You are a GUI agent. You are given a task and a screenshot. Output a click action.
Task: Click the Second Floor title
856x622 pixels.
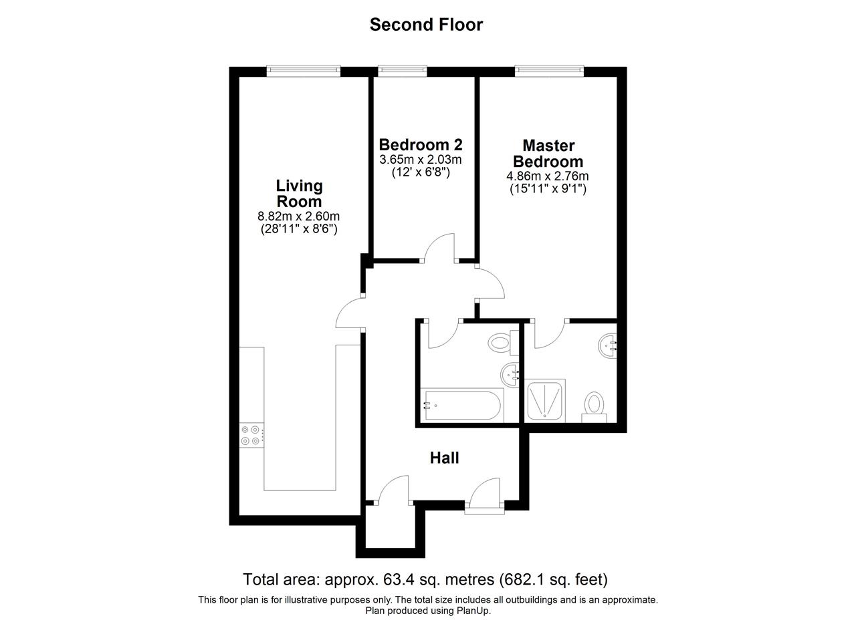point(426,25)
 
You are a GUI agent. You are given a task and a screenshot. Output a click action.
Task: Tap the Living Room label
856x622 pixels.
point(299,194)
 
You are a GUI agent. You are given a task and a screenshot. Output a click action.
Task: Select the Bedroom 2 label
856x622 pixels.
point(421,145)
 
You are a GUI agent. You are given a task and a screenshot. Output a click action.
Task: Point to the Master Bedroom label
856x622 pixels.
point(548,154)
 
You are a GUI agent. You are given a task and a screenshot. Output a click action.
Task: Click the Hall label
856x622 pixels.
point(445,458)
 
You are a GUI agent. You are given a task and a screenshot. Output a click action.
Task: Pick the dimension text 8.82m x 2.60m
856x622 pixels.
point(298,216)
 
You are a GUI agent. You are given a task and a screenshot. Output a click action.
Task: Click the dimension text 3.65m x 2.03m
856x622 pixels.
point(421,160)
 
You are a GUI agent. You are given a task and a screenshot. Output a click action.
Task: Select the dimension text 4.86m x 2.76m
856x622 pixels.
point(548,176)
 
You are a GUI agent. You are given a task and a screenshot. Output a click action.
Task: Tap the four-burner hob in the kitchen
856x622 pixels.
point(251,436)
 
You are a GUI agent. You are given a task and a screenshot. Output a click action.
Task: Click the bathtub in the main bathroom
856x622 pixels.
point(462,406)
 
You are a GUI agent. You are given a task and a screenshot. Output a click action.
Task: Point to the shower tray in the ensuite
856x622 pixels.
point(544,401)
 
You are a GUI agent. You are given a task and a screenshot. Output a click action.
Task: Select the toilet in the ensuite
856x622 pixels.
point(594,407)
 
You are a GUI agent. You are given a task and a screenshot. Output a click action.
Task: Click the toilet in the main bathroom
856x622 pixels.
point(504,343)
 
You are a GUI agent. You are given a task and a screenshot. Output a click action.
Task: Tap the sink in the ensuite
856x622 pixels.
point(608,346)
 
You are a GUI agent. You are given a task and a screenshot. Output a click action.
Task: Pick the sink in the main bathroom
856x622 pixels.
point(510,375)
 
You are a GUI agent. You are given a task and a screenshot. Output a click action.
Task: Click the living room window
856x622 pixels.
point(304,71)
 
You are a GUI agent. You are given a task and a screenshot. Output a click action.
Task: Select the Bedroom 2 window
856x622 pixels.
point(403,71)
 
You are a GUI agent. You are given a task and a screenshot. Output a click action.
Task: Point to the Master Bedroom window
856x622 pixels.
point(550,71)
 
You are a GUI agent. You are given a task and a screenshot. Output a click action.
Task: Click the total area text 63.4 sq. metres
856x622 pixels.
point(439,580)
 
